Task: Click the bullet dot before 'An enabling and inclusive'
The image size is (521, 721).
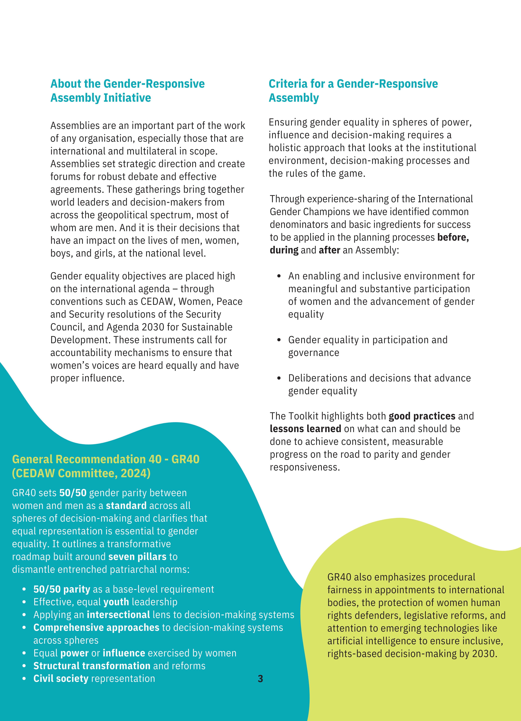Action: (x=279, y=276)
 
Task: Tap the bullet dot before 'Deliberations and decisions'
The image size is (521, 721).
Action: (x=279, y=378)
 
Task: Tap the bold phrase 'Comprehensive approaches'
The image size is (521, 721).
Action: (x=96, y=628)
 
